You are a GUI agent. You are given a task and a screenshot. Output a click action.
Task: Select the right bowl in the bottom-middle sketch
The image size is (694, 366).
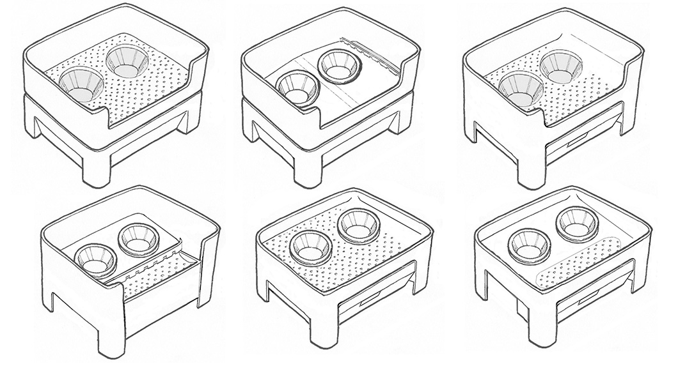pos(359,224)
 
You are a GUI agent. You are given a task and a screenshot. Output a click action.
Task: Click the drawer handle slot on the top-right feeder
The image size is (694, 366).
pos(577,137)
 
